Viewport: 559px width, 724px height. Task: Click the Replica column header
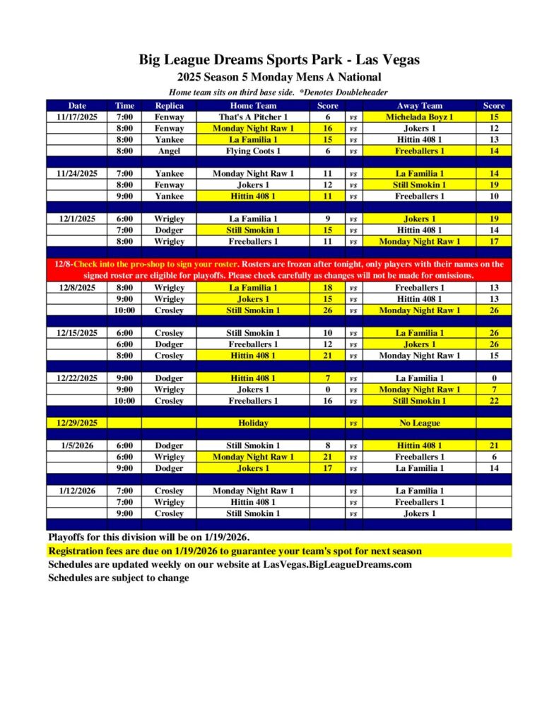169,105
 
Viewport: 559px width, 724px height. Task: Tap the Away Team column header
419,105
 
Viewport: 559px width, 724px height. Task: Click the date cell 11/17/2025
76,117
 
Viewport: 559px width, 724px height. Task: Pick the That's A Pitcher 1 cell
253,117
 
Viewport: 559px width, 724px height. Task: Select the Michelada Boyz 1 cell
419,117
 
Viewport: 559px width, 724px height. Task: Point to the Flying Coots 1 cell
253,151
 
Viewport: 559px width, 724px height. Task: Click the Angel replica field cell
169,151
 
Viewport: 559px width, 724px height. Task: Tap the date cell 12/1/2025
76,219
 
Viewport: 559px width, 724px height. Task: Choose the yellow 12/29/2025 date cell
76,423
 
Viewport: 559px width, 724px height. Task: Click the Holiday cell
253,423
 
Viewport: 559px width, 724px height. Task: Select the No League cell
419,423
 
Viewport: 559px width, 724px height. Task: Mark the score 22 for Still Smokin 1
493,401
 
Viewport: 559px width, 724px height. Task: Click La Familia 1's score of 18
327,288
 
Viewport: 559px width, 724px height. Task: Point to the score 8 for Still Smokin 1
327,445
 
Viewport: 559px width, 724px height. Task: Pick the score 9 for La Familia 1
327,219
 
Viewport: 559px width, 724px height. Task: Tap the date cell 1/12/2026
76,491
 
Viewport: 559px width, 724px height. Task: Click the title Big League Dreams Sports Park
279,60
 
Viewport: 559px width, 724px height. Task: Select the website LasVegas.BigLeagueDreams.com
337,565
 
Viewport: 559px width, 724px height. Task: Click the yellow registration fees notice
235,551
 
